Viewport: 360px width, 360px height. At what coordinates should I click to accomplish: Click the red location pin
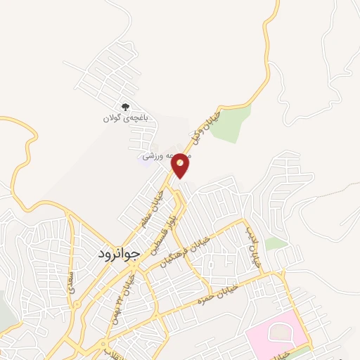[x=181, y=165]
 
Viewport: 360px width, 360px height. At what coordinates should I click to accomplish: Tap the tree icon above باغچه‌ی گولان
[x=125, y=107]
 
